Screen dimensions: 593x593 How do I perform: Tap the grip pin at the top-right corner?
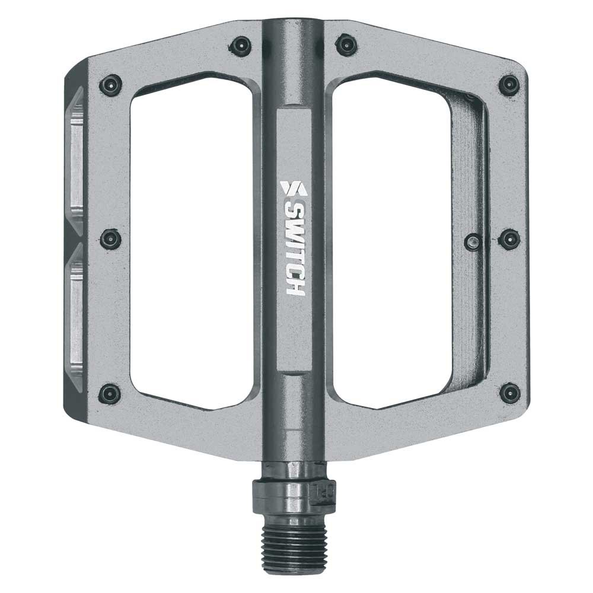[509, 85]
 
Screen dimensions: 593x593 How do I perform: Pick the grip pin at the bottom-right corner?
[509, 393]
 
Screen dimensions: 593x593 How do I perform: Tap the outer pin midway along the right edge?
[509, 238]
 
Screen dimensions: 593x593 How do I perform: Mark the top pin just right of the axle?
[346, 44]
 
